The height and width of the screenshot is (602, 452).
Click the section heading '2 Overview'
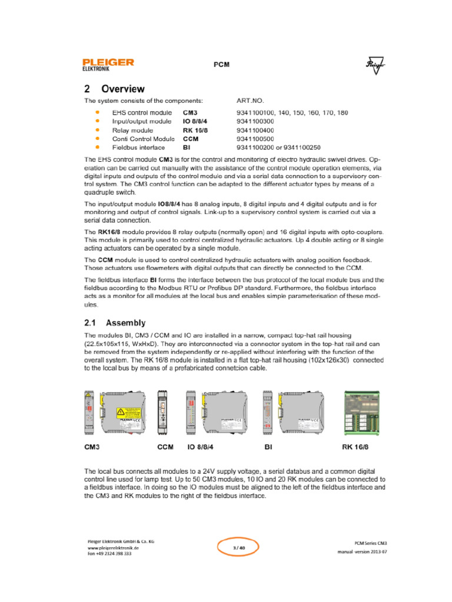114,89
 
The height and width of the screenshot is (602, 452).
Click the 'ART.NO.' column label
251,101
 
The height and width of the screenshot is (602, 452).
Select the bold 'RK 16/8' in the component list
196,130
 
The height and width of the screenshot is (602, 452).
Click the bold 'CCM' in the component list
191,139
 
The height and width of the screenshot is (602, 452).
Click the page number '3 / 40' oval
238,548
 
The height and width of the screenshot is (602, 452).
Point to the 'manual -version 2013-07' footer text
362,553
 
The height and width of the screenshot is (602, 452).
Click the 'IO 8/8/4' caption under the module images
201,447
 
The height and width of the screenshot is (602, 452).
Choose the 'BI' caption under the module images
268,447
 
